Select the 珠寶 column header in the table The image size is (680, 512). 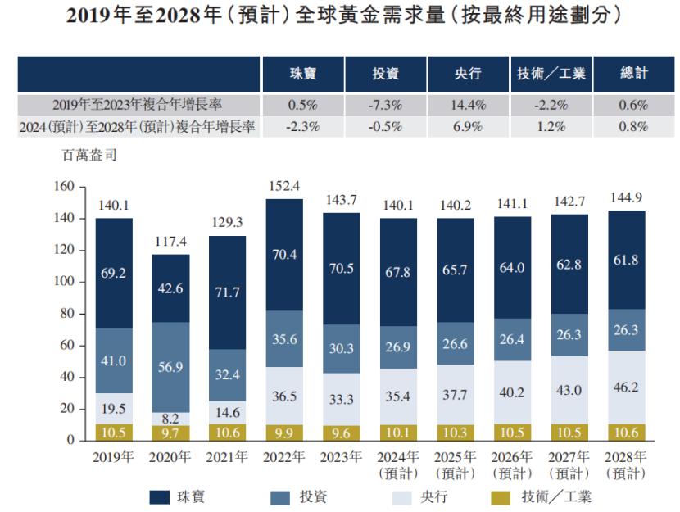pos(303,74)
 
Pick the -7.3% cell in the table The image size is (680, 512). pos(385,105)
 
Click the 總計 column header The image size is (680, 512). pos(633,74)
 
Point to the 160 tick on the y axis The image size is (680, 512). pos(65,188)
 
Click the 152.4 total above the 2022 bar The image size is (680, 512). pos(283,186)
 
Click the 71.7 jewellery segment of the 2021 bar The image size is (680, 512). pos(227,292)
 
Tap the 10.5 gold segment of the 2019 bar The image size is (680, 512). pos(114,432)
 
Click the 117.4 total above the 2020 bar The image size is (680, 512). pos(170,242)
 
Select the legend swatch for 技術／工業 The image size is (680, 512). pos(498,496)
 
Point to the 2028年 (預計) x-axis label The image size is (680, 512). pos(626,464)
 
